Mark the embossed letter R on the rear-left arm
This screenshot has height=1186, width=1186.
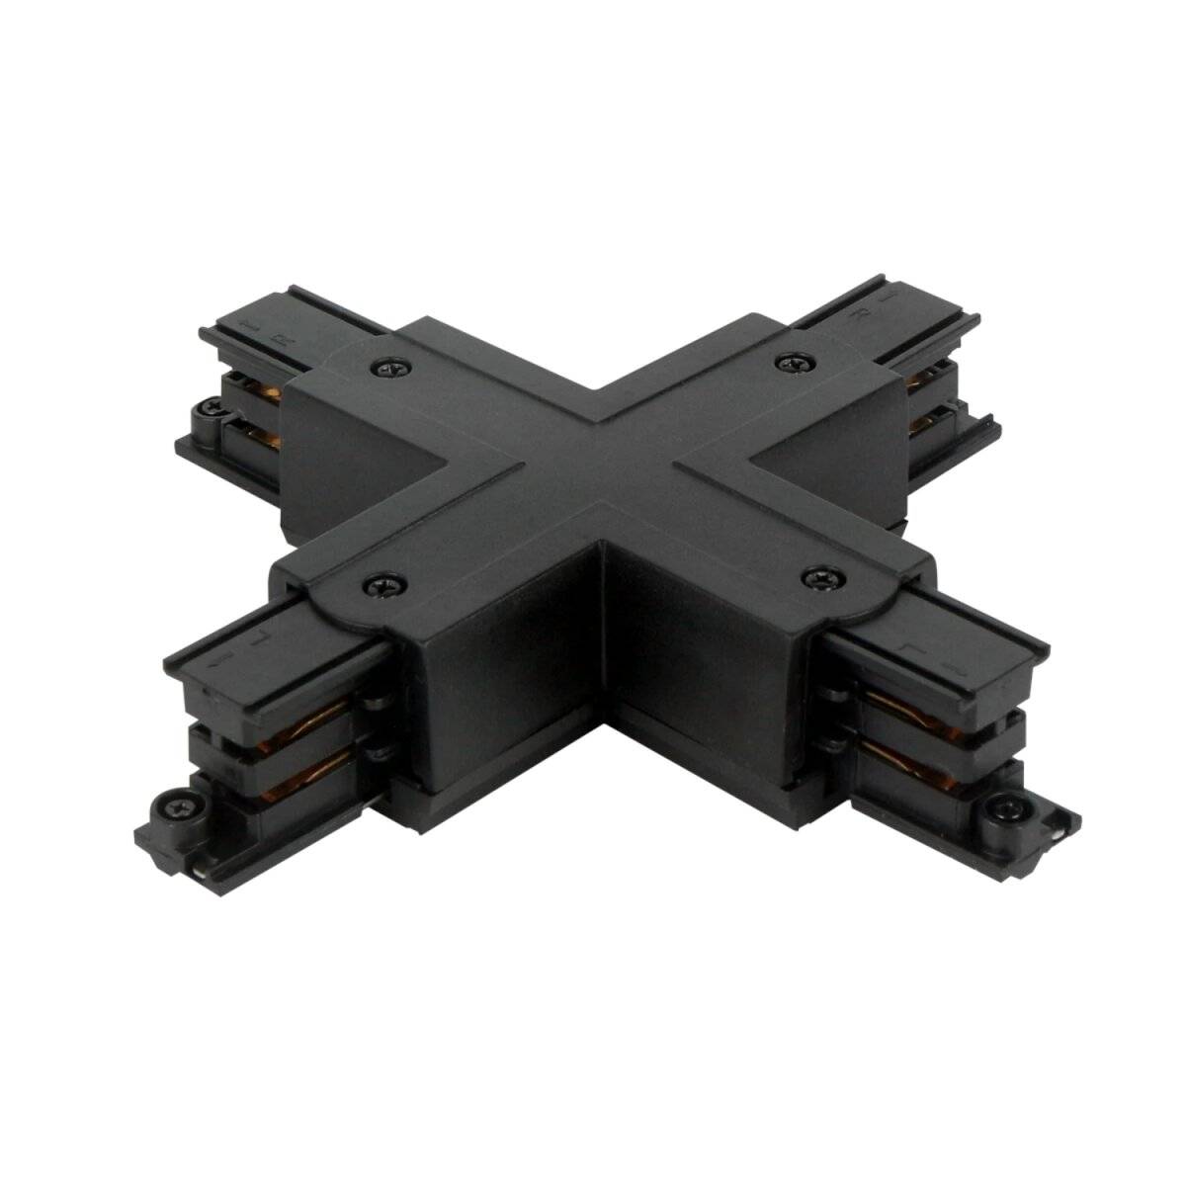(285, 338)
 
